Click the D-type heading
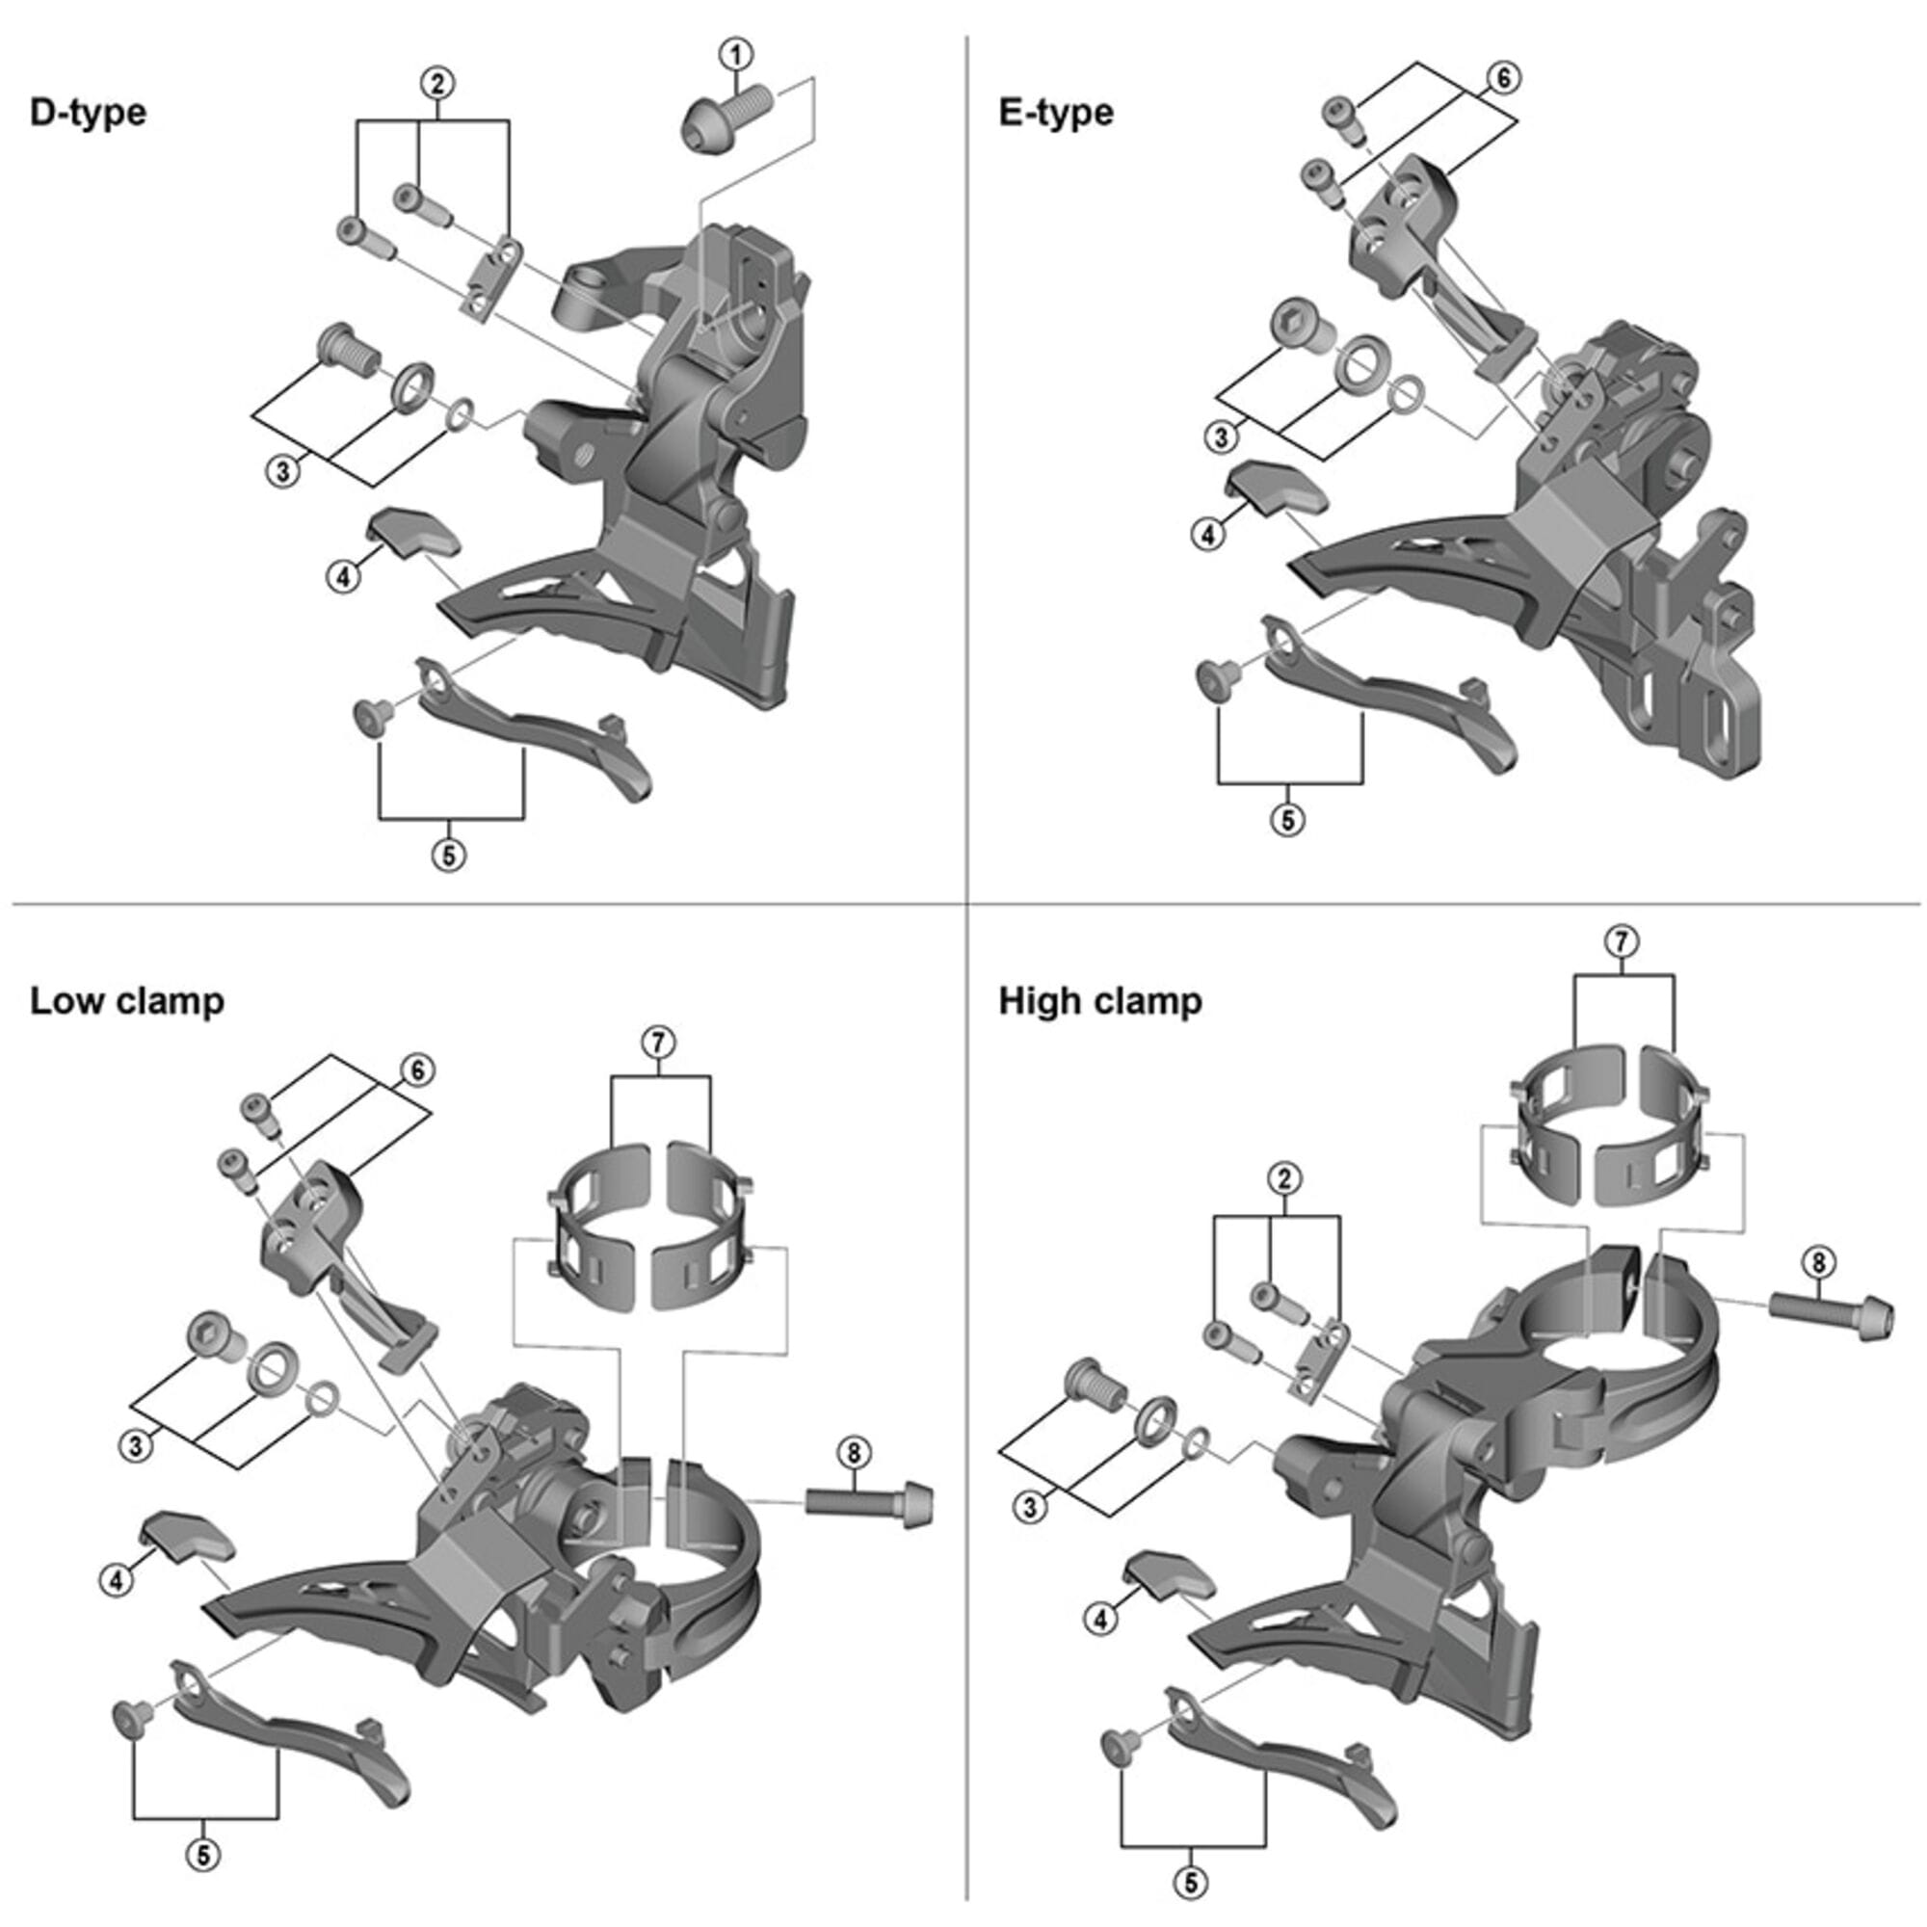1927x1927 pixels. tap(88, 112)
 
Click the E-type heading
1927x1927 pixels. tap(1055, 112)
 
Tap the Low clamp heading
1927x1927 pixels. tap(126, 1000)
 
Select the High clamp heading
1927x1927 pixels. tap(1100, 1000)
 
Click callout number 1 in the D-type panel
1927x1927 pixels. tap(736, 54)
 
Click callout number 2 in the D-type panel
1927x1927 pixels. tap(436, 84)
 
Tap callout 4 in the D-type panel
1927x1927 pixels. tap(344, 575)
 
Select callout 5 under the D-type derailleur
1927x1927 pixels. tap(449, 855)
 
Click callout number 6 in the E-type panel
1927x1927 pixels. tap(1504, 77)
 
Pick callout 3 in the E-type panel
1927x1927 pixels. tap(1221, 436)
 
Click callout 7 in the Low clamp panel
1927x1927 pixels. tap(658, 1043)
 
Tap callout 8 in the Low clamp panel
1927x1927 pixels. tap(854, 1453)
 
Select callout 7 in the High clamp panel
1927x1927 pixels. tap(1623, 940)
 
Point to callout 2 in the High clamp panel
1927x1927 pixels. tap(1283, 1179)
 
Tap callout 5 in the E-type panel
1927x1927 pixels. tap(1287, 820)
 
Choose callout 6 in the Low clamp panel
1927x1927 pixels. tap(417, 1070)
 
